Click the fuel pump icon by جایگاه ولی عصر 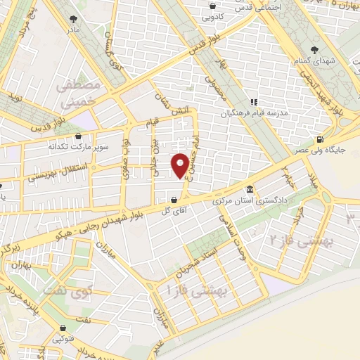(x=321, y=139)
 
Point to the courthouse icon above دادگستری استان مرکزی (x=250, y=191)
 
